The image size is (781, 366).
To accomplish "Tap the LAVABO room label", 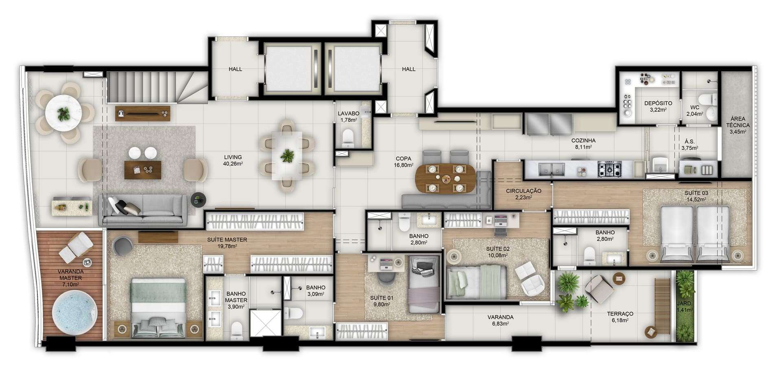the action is (x=349, y=114).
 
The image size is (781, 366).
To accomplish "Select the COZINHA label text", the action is (x=583, y=140).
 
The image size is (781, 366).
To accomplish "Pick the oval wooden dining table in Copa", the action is (x=445, y=178).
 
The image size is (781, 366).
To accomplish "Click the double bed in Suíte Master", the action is (x=158, y=308).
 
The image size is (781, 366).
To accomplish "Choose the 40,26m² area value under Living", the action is (x=233, y=164).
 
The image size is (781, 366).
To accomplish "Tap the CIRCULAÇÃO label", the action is (x=524, y=191).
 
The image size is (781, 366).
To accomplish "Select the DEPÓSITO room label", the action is (x=658, y=103).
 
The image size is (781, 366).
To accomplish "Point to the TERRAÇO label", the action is (x=620, y=314).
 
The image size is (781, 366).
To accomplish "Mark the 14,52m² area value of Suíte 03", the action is (x=696, y=199).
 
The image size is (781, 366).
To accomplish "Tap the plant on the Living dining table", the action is (x=288, y=156).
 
